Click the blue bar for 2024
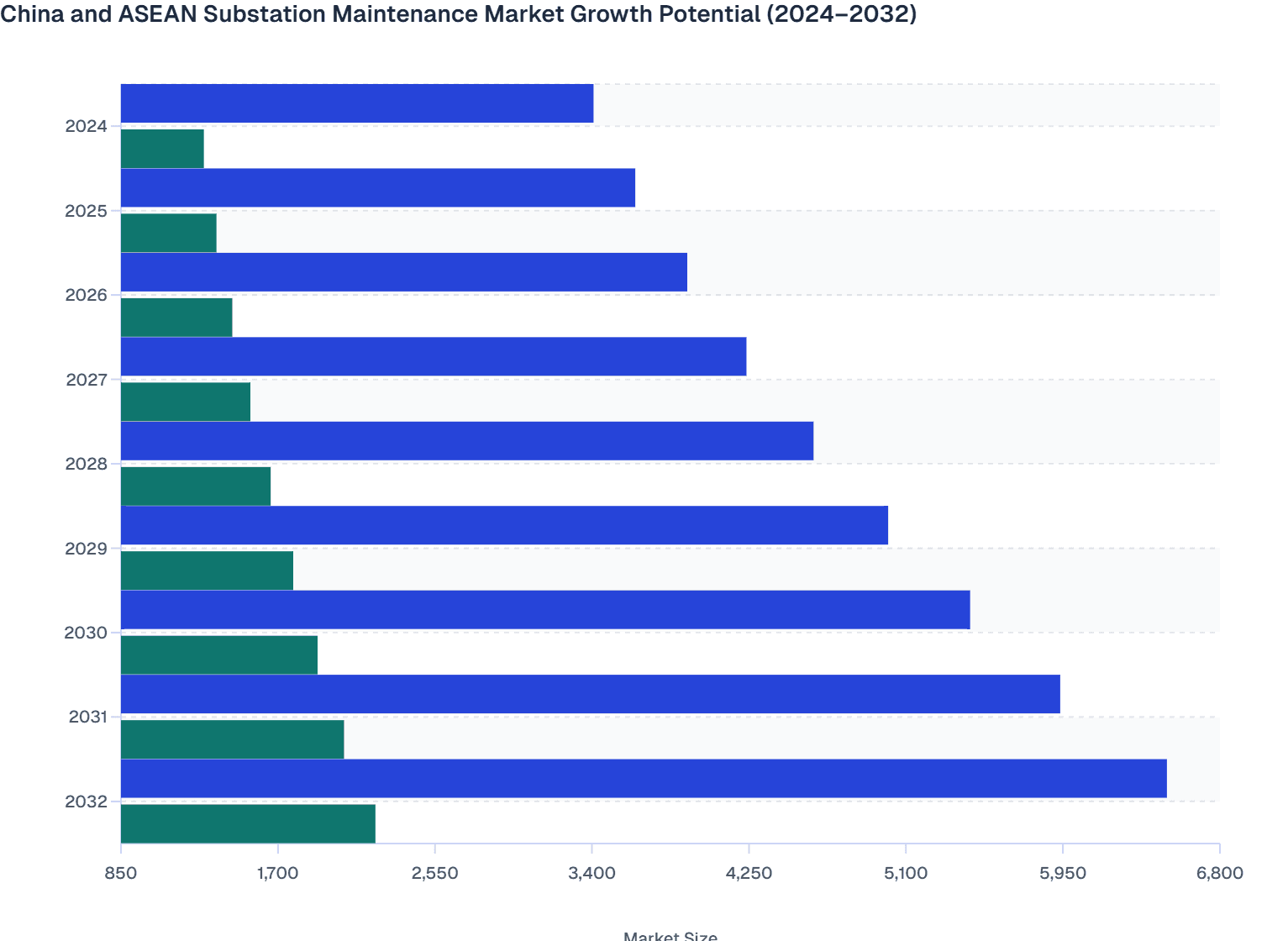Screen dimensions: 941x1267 click(357, 103)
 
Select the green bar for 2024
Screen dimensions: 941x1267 click(162, 149)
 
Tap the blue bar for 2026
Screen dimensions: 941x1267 click(404, 272)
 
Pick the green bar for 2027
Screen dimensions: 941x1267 click(186, 402)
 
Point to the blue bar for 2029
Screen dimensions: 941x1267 click(504, 525)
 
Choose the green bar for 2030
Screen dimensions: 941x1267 click(219, 654)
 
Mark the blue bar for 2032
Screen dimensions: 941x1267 click(644, 778)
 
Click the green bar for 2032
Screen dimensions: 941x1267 click(248, 823)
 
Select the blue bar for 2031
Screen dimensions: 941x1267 click(591, 694)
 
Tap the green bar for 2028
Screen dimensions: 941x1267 click(196, 486)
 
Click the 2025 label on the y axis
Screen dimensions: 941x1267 click(87, 211)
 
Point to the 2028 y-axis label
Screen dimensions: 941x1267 click(87, 464)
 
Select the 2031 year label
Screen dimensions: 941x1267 click(88, 717)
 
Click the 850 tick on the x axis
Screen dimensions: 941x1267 click(121, 873)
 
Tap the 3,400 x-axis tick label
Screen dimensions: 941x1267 click(591, 873)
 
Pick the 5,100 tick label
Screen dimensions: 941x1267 click(906, 873)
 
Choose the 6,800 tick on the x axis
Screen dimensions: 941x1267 click(1219, 873)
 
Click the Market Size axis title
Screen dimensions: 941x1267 click(670, 936)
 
